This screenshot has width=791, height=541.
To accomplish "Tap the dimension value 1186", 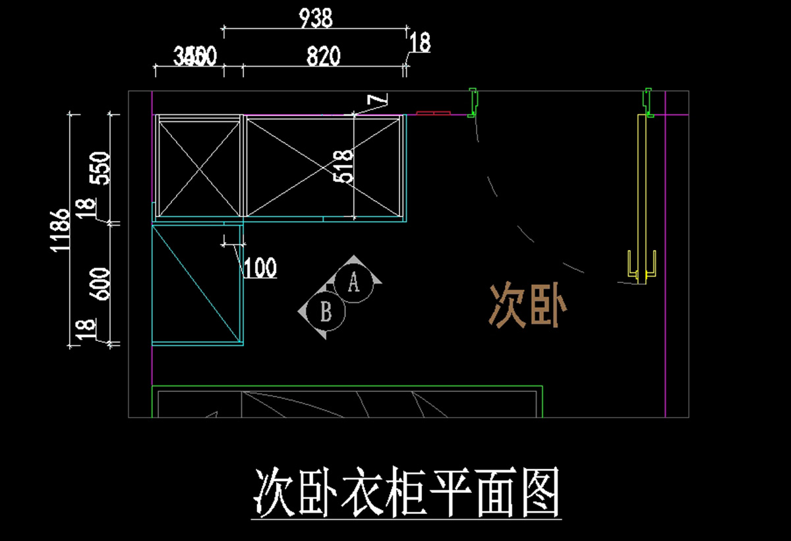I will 60,230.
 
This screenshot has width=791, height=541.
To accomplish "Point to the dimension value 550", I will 101,169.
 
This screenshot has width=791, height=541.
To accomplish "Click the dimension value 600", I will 101,283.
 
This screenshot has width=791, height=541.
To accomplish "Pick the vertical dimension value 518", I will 344,166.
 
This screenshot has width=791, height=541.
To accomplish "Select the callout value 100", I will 260,268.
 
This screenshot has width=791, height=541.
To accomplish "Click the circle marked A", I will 353,283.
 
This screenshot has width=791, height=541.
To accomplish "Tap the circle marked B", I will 326,311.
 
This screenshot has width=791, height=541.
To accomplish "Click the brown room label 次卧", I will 527,306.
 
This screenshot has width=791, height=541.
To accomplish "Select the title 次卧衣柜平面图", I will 407,492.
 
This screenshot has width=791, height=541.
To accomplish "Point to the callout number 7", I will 376,100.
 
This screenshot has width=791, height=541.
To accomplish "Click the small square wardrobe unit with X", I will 198,166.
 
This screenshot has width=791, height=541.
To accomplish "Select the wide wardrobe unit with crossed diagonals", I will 323,166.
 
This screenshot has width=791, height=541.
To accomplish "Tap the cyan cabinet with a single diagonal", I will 196,284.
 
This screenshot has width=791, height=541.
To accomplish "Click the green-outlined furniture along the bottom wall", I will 347,401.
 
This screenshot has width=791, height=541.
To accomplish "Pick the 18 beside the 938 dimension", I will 420,43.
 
